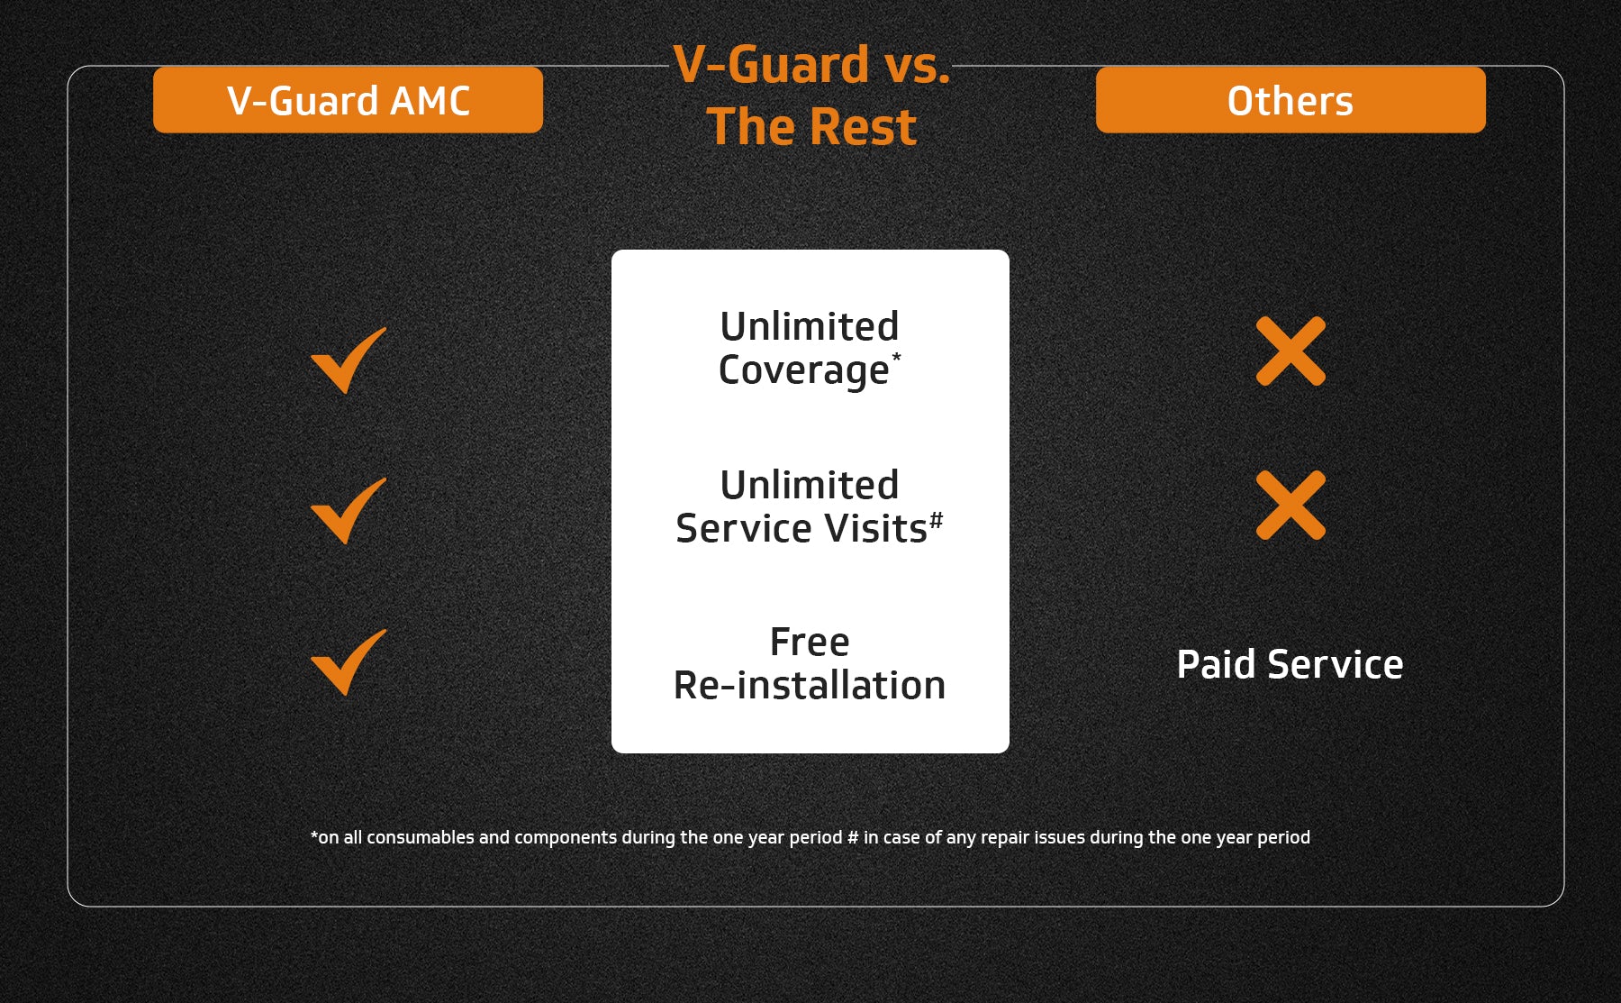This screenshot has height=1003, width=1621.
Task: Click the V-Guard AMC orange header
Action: tap(348, 100)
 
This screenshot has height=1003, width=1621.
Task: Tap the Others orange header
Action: tap(1290, 100)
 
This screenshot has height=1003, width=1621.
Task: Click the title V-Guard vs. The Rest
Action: tap(811, 96)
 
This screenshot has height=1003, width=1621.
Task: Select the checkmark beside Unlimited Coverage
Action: tap(348, 360)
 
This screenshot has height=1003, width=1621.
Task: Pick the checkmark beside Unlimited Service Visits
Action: tap(348, 510)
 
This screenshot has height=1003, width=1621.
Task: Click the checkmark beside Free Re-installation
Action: tap(348, 661)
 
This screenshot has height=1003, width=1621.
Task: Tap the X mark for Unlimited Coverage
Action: tap(1290, 351)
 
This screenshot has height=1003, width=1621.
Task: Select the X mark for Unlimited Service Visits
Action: tap(1290, 505)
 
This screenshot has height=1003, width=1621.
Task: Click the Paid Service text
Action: tap(1290, 664)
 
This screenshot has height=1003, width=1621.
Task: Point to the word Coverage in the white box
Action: tap(803, 370)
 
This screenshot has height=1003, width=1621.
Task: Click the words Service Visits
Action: tap(801, 528)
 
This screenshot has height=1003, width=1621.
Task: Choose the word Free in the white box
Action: tap(810, 643)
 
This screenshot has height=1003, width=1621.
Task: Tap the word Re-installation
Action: tap(810, 686)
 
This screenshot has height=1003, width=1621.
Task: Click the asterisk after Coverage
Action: tap(896, 358)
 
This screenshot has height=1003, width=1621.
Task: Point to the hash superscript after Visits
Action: tap(937, 520)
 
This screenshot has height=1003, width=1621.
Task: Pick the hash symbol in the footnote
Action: tap(853, 837)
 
